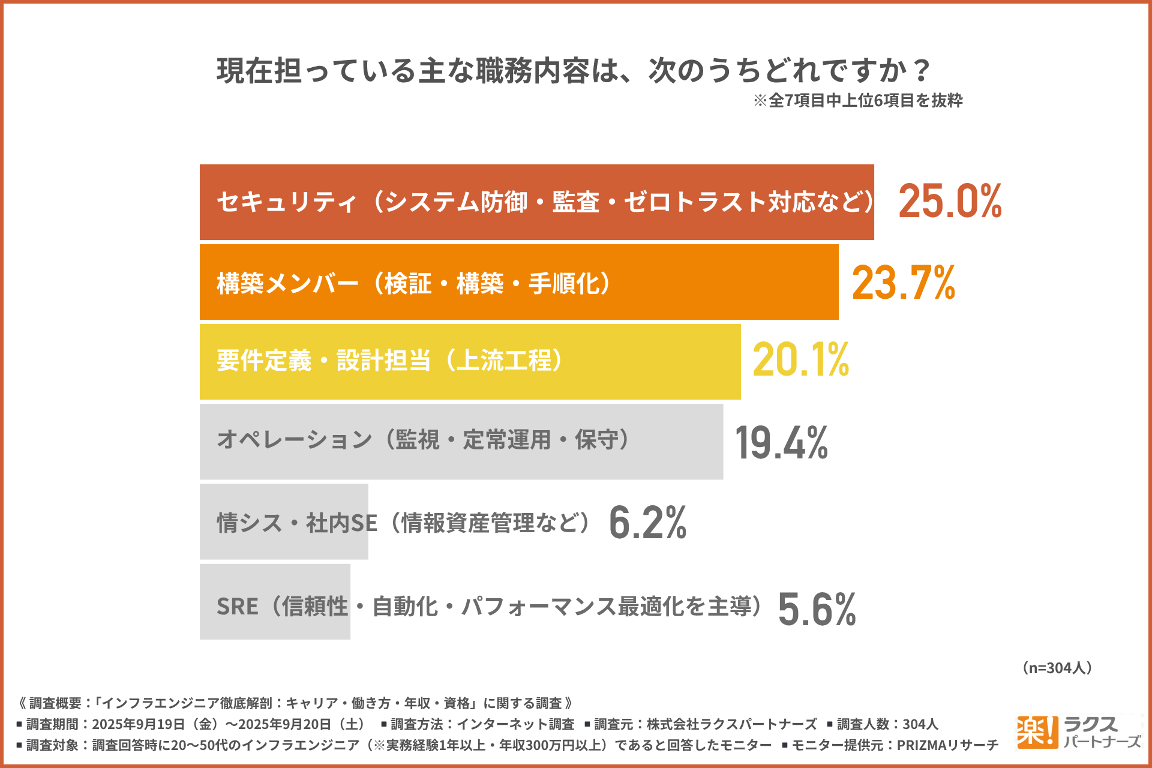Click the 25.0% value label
(x=950, y=201)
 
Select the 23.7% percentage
(x=904, y=283)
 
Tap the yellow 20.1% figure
(x=801, y=360)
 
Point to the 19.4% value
(x=781, y=443)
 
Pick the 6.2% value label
(x=647, y=523)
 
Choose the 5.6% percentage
(x=817, y=610)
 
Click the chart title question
(x=573, y=71)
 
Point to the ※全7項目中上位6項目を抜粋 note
(x=858, y=100)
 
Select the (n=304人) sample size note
(x=1057, y=668)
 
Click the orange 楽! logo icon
(x=1036, y=732)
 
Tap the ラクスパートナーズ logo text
(x=1100, y=733)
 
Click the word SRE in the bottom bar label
(x=237, y=607)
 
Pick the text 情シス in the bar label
(x=249, y=523)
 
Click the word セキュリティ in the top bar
(x=287, y=202)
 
